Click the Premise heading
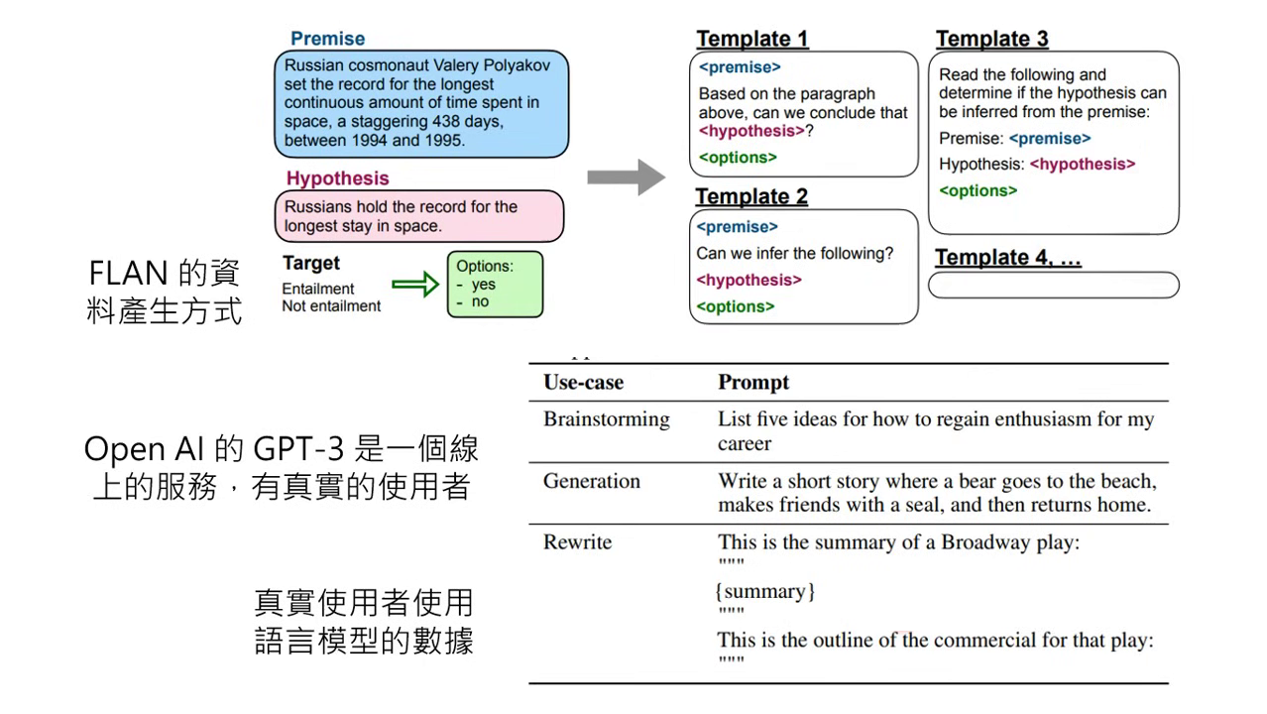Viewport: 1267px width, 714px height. (327, 39)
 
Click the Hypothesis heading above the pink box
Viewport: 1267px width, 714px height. (337, 178)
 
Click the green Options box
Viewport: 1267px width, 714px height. (495, 284)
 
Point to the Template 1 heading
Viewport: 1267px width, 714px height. (752, 39)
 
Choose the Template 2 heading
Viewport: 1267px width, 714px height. (751, 196)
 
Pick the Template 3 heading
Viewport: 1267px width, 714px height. (991, 39)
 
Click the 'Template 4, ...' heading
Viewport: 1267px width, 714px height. (1007, 258)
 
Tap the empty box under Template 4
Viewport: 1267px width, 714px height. (1053, 286)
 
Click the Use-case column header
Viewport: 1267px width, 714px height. (583, 383)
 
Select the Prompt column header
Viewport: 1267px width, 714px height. (753, 383)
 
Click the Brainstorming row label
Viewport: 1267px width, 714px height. (606, 419)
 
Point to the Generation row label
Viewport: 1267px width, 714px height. (591, 481)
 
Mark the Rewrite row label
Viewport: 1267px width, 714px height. (577, 542)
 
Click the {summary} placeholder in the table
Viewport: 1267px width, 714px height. (764, 592)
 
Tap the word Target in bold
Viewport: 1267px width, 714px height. (310, 264)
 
